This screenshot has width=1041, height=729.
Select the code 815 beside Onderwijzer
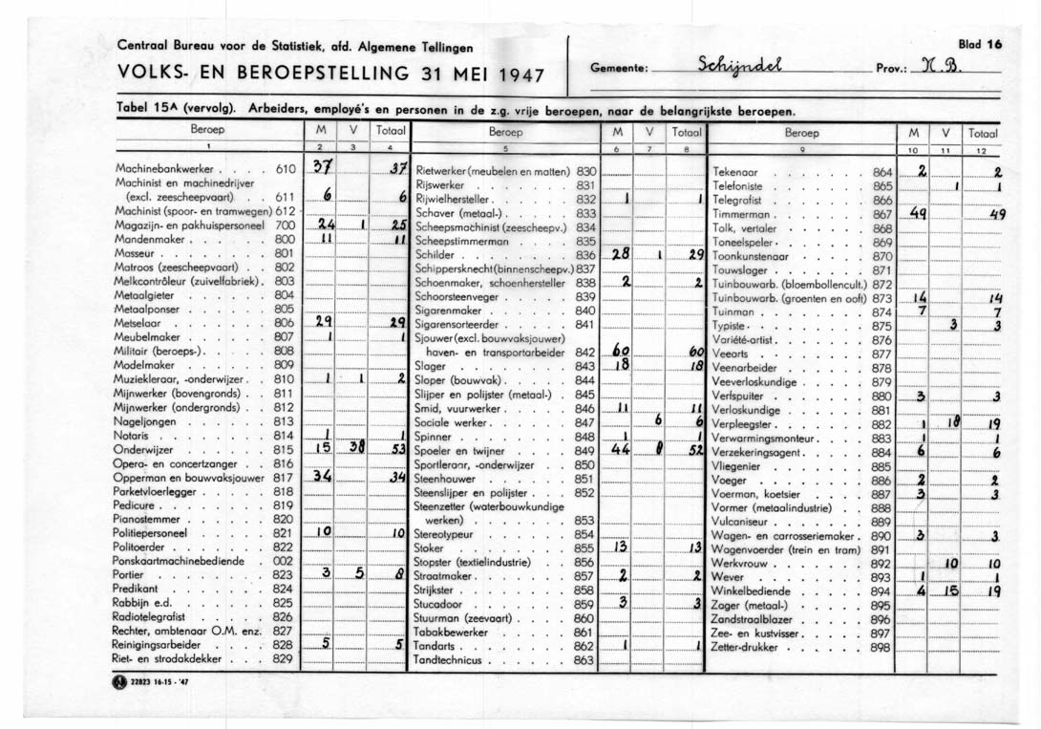coord(282,449)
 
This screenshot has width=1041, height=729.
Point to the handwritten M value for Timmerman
coord(918,216)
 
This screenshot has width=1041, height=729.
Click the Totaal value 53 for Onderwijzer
coord(398,449)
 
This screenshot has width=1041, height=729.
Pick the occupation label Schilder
coord(436,256)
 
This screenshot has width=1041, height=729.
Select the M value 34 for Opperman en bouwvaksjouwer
coord(324,477)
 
